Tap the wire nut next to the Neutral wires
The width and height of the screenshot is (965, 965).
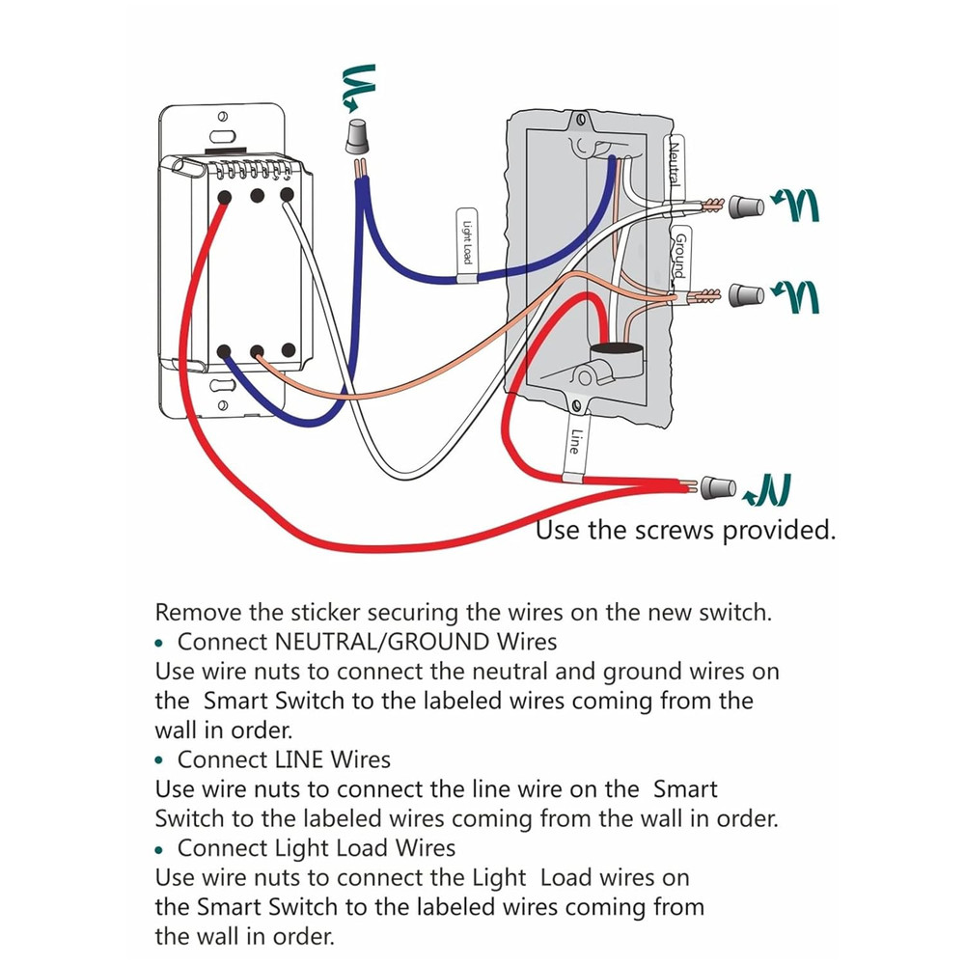(x=744, y=206)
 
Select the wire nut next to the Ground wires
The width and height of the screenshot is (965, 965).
(x=744, y=293)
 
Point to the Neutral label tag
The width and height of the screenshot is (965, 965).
(x=675, y=164)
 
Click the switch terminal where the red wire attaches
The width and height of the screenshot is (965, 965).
(x=224, y=196)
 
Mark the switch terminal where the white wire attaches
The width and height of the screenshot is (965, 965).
(x=288, y=196)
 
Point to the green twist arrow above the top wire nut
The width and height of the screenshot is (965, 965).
(x=356, y=86)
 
